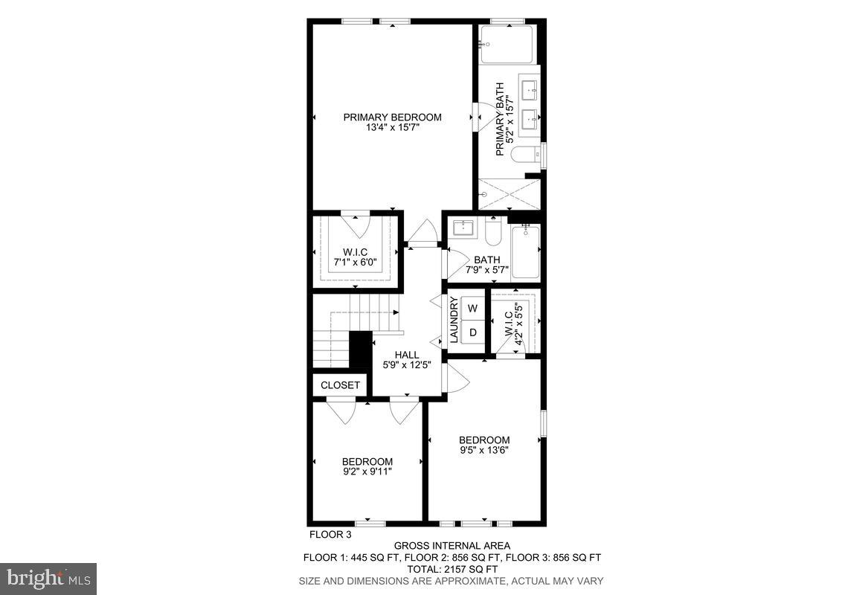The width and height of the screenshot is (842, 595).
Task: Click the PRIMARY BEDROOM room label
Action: tap(392, 117)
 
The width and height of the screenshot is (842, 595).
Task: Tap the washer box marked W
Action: tap(472, 308)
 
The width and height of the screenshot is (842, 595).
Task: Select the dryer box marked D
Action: tap(472, 332)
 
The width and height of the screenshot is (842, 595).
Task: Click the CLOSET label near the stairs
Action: tap(340, 385)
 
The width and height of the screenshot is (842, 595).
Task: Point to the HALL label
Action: tap(407, 355)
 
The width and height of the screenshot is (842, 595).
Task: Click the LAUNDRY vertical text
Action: tap(454, 320)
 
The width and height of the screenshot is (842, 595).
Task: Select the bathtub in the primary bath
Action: tap(507, 45)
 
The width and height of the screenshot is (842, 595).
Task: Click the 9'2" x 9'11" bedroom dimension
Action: tap(367, 472)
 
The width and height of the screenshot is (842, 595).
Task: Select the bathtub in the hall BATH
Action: tap(525, 252)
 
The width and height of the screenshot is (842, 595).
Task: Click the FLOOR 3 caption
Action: tap(330, 534)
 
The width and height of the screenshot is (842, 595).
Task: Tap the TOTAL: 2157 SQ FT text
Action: tap(451, 569)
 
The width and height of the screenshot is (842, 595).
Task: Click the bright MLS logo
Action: tap(48, 578)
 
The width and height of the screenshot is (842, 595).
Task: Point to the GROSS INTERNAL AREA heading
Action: tap(451, 546)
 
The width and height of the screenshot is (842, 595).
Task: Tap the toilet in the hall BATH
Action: tap(494, 232)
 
